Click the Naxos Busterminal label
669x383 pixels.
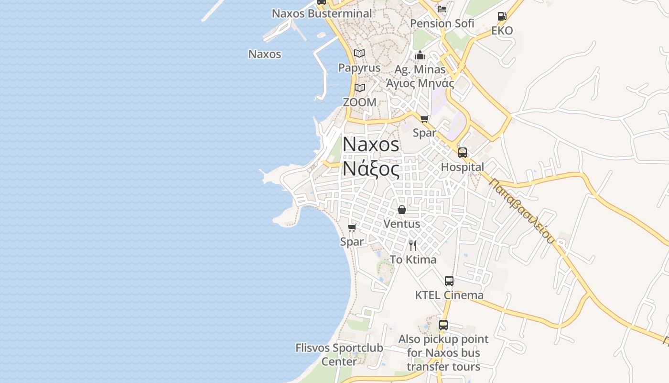(322, 13)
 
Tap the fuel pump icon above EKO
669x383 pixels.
(502, 16)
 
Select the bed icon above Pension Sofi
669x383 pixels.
(442, 9)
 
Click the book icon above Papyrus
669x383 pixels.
(359, 53)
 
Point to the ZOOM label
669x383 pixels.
(359, 102)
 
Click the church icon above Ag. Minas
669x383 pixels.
(420, 56)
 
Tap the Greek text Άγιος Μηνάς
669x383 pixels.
(420, 83)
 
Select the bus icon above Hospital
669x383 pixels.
(463, 153)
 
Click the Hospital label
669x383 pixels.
(462, 167)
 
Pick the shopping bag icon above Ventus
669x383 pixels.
(402, 210)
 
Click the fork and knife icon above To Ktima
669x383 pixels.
(413, 246)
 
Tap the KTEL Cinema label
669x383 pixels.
(449, 295)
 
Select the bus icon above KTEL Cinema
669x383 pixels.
(449, 281)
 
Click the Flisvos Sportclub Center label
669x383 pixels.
(339, 354)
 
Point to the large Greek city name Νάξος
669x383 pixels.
(371, 169)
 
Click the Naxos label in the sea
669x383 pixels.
(265, 54)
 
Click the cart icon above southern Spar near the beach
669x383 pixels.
(352, 228)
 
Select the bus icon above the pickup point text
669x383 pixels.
(443, 325)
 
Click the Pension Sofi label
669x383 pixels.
(442, 23)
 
